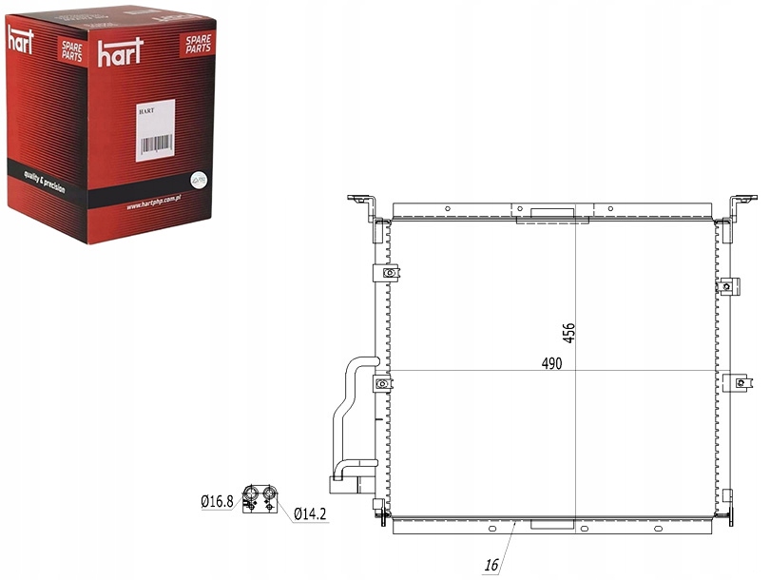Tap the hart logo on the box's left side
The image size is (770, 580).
(21, 39)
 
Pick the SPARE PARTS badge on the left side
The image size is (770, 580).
(71, 51)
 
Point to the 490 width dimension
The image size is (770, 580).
(552, 363)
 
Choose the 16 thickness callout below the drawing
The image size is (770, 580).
(491, 565)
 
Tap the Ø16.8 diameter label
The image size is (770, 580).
(217, 501)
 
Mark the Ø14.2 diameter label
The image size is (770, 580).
(310, 514)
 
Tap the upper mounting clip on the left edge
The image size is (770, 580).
(387, 275)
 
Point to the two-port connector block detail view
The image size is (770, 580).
(260, 497)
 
